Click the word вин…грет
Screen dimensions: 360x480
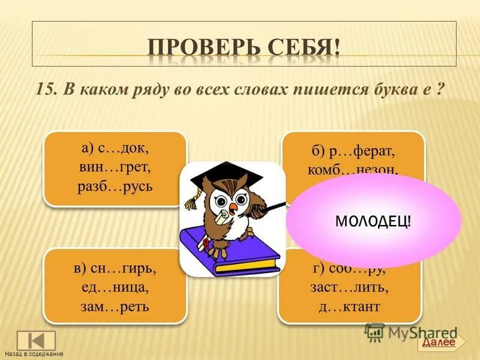click(115, 166)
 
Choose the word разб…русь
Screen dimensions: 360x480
click(115, 185)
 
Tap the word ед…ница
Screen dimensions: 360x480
click(115, 286)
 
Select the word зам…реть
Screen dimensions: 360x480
click(115, 307)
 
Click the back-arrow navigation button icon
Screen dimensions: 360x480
click(35, 340)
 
